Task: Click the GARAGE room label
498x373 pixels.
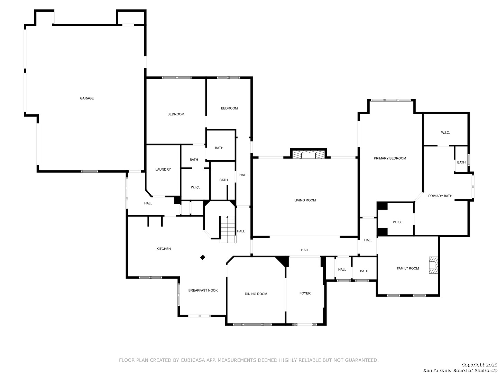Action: click(x=87, y=98)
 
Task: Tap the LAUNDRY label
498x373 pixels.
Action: click(x=163, y=169)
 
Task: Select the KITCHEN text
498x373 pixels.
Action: click(x=163, y=249)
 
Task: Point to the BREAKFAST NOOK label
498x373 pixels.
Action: click(x=203, y=290)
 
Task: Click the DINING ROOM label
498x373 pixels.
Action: click(x=256, y=294)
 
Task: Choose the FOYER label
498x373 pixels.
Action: click(x=305, y=293)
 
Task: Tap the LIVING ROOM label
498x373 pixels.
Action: click(x=305, y=200)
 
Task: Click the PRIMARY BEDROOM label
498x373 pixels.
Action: click(x=389, y=158)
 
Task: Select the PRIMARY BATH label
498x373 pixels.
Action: click(x=440, y=196)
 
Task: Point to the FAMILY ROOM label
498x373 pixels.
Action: click(x=407, y=268)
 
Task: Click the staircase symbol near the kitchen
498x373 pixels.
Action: click(x=227, y=229)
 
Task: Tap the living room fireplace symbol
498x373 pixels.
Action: click(x=308, y=154)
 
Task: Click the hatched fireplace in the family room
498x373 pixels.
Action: click(x=433, y=265)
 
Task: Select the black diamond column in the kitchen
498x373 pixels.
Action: click(x=202, y=257)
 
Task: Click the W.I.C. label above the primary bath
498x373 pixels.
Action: click(x=445, y=133)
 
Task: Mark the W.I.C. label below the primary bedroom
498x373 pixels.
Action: click(x=397, y=222)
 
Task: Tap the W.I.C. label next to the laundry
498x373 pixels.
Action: click(x=195, y=187)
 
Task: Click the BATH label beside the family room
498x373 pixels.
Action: click(x=364, y=271)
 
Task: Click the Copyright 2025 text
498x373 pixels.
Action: click(x=479, y=365)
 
